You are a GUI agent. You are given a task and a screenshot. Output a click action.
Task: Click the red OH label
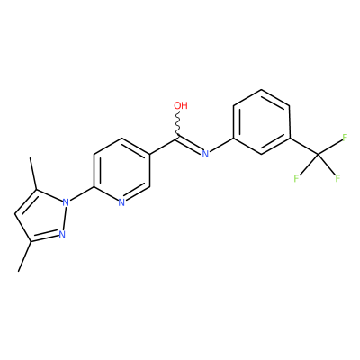click(181, 105)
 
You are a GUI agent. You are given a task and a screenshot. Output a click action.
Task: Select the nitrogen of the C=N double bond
click(205, 154)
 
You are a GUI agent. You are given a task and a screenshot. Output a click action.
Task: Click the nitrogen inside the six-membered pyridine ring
click(121, 202)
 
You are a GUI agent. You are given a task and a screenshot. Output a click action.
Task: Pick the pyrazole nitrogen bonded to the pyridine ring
click(66, 202)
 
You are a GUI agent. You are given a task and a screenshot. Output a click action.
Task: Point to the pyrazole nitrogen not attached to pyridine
click(62, 234)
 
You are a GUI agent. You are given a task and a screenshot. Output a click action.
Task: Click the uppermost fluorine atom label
click(345, 138)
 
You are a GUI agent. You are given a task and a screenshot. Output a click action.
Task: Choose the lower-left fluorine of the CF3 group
click(296, 179)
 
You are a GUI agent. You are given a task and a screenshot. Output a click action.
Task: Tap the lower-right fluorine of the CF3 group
click(337, 179)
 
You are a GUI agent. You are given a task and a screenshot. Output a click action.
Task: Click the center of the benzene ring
click(261, 121)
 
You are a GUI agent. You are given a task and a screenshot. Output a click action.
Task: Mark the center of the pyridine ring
click(121, 170)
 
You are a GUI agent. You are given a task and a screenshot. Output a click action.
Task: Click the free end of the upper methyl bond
click(30, 158)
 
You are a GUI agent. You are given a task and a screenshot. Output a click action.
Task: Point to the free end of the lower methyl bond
click(19, 271)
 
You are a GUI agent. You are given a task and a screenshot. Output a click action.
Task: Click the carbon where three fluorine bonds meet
click(318, 154)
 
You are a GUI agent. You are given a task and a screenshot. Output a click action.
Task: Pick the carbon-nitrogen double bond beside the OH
click(190, 146)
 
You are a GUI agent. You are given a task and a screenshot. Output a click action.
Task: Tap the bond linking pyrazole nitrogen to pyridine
click(82, 194)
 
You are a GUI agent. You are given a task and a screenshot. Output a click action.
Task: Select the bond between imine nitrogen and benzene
click(221, 145)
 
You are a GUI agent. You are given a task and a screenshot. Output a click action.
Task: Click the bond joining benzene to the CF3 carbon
click(303, 146)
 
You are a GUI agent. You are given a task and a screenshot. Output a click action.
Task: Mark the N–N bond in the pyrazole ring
click(64, 219)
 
